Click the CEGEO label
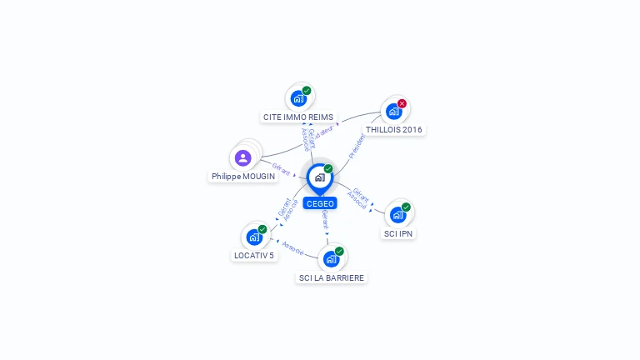(x=320, y=203)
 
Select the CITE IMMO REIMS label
(x=298, y=117)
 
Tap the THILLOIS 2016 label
(x=394, y=130)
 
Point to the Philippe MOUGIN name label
(x=243, y=177)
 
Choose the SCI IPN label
(x=398, y=233)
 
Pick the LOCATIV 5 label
(x=254, y=255)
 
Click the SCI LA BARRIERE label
(x=332, y=277)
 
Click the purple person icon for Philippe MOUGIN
(x=243, y=157)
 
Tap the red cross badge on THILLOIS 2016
(x=402, y=104)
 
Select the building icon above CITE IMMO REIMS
(x=297, y=98)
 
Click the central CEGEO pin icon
(x=319, y=177)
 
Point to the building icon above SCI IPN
(x=397, y=214)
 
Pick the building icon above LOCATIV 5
(x=254, y=237)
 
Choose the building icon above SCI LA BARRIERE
(x=331, y=258)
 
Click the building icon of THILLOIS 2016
(x=393, y=112)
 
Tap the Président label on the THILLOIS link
(x=357, y=146)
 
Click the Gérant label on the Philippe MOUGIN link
(x=281, y=169)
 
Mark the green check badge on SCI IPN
(x=406, y=207)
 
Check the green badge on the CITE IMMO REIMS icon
(x=307, y=91)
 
